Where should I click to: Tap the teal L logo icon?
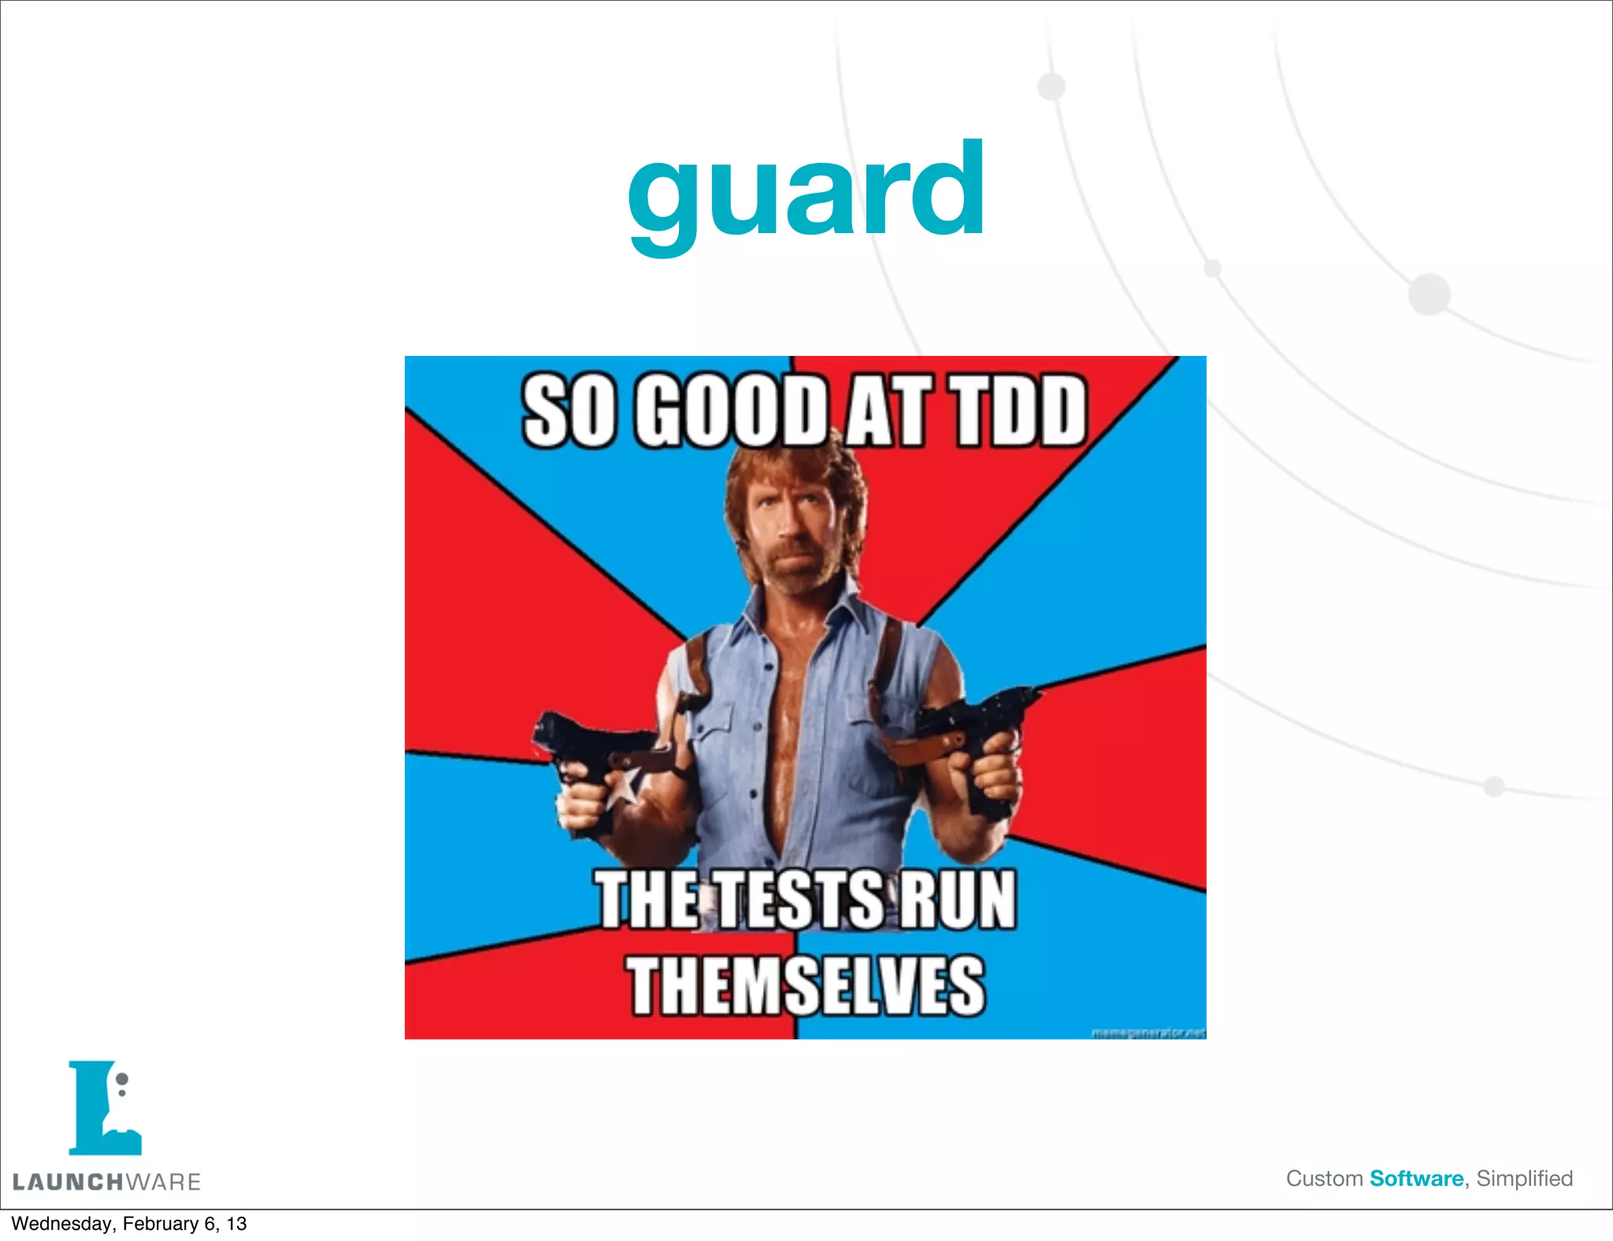click(x=104, y=1108)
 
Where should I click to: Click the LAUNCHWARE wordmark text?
click(x=107, y=1181)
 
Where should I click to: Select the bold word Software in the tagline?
click(x=1416, y=1179)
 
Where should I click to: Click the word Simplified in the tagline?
click(x=1524, y=1179)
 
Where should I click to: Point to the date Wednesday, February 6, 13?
click(x=128, y=1224)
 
